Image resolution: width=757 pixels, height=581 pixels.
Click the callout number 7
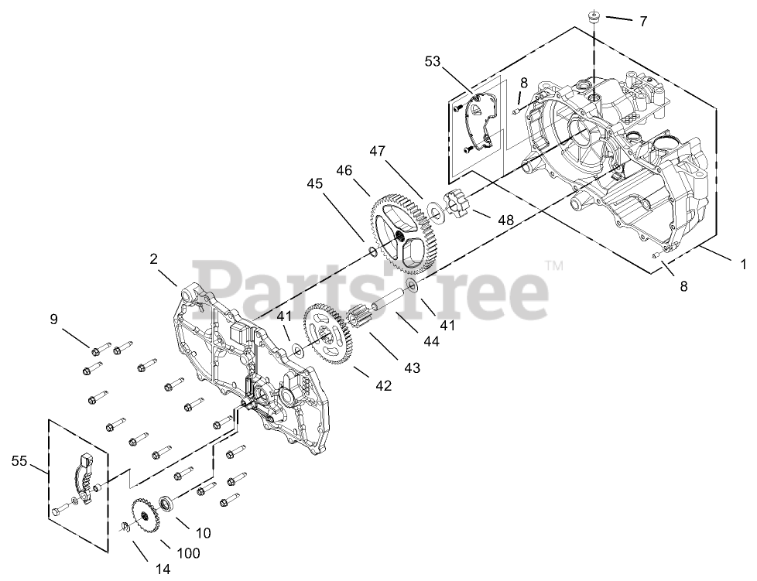pos(642,22)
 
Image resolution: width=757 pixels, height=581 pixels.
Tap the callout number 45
pos(315,184)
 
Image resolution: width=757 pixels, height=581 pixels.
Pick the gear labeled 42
pos(331,337)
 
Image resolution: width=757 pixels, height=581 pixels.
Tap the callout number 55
pos(19,462)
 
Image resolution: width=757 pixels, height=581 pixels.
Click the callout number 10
pos(204,532)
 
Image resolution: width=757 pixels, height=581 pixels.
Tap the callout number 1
pos(744,264)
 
